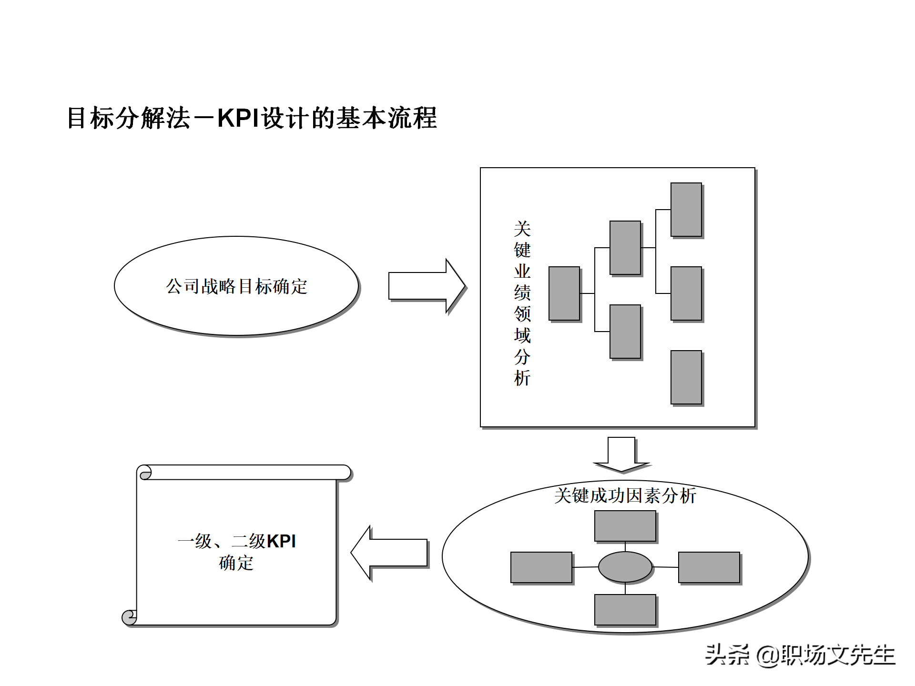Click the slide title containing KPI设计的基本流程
point(252,118)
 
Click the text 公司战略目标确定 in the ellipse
point(236,286)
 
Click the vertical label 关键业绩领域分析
point(522,303)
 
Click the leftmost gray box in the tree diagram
point(564,293)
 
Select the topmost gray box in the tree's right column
point(686,210)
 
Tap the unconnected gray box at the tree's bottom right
point(686,377)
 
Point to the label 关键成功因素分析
point(625,495)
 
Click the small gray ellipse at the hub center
point(625,567)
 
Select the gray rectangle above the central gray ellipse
point(625,526)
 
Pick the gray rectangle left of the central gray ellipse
point(541,567)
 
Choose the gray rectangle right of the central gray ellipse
point(709,567)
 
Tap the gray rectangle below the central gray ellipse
point(625,609)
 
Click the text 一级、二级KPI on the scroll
point(236,541)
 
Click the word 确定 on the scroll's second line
point(236,563)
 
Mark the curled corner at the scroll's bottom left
point(129,617)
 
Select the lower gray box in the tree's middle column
point(625,332)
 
